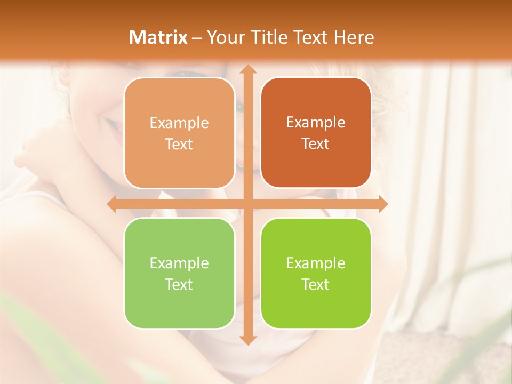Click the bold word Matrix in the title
pyautogui.click(x=158, y=37)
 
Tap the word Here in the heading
pyautogui.click(x=354, y=37)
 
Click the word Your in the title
pyautogui.click(x=223, y=37)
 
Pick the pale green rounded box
pyautogui.click(x=179, y=307)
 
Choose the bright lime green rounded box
pyautogui.click(x=316, y=307)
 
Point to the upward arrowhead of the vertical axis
pyautogui.click(x=247, y=69)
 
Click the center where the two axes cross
pyautogui.click(x=247, y=204)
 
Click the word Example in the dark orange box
pyautogui.click(x=316, y=122)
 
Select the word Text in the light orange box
pyautogui.click(x=179, y=145)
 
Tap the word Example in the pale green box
pyautogui.click(x=179, y=263)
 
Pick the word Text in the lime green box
pyautogui.click(x=316, y=285)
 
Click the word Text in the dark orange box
pyautogui.click(x=316, y=144)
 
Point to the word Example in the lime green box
pyautogui.click(x=316, y=263)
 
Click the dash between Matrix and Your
pyautogui.click(x=197, y=38)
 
